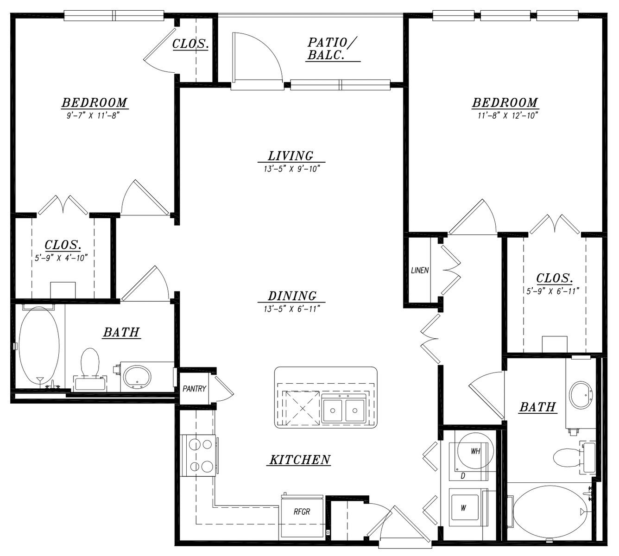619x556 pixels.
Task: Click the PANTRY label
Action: coord(194,389)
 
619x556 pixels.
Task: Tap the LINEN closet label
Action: coord(420,270)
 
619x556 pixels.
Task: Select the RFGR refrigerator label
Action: coord(302,512)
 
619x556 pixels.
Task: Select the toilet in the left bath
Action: coord(90,369)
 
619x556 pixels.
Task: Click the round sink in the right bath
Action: coord(581,395)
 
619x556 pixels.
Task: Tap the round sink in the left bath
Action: coord(137,378)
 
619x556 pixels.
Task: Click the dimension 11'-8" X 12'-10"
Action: coord(507,116)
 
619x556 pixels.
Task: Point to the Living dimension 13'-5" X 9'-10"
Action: coord(291,168)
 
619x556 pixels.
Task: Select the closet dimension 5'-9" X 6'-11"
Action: coord(553,291)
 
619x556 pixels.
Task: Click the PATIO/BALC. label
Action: coord(332,49)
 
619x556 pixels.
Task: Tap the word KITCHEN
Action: coord(300,459)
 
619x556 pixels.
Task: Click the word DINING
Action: coord(292,296)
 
